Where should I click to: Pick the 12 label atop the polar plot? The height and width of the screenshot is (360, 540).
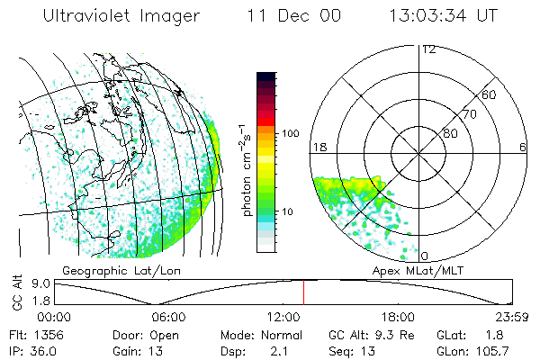428,49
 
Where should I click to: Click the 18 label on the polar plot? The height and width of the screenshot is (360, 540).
318,147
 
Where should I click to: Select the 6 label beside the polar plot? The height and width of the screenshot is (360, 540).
523,147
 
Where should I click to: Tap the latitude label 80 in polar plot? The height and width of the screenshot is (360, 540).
450,133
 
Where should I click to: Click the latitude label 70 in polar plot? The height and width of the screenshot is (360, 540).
469,114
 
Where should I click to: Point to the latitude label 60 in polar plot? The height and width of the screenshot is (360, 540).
489,94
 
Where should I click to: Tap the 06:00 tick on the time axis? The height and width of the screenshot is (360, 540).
168,317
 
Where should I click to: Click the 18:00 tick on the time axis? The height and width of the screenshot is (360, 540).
398,317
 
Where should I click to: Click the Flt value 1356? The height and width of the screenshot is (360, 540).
43,334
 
